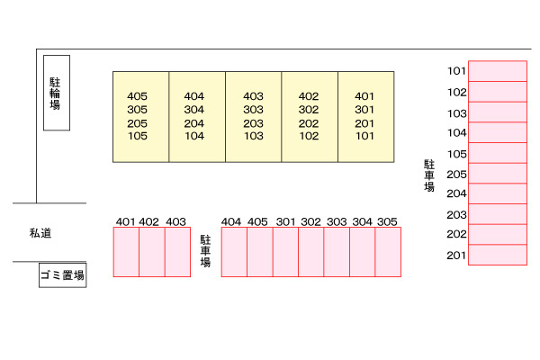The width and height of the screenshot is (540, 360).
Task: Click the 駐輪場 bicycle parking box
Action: click(56, 93)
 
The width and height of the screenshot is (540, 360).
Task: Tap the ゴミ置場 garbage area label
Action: click(62, 276)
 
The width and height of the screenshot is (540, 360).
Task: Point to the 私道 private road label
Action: click(40, 233)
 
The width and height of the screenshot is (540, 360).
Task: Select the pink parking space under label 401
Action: click(126, 252)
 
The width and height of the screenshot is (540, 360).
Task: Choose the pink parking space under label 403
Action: click(177, 252)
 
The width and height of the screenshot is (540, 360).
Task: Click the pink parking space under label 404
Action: click(234, 252)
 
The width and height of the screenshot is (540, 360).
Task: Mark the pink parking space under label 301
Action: click(285, 252)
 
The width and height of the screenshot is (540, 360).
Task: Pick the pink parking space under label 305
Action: click(388, 252)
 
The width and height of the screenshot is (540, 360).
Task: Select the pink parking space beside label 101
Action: click(497, 71)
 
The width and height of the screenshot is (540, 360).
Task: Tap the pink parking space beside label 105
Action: click(497, 153)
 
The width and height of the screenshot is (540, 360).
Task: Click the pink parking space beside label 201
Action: click(497, 256)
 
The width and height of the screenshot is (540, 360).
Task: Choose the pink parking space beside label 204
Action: click(497, 193)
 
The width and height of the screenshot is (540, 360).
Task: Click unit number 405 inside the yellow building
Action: click(138, 96)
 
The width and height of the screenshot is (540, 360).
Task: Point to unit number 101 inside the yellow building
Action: click(364, 137)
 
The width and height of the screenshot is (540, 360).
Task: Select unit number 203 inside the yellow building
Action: click(253, 123)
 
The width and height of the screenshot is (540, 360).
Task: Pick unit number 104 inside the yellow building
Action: click(194, 137)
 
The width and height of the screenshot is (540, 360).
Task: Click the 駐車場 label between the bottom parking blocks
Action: click(205, 252)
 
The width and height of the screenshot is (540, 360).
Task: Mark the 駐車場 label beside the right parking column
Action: click(429, 175)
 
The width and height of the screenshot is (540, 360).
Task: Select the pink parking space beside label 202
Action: click(497, 235)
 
